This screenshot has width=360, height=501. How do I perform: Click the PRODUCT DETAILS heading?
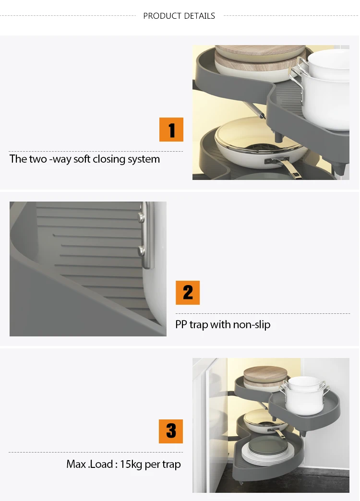click(x=179, y=16)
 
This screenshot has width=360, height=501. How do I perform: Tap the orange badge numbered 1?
click(x=171, y=130)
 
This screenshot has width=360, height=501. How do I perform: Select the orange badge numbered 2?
click(x=188, y=293)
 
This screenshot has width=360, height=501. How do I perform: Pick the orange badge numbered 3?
click(x=171, y=431)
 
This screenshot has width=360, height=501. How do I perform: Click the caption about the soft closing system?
click(x=85, y=159)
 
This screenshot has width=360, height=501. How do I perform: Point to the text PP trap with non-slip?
click(x=223, y=324)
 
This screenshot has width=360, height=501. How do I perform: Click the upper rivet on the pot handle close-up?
click(x=141, y=217)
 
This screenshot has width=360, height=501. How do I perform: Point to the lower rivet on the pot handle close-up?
click(x=141, y=251)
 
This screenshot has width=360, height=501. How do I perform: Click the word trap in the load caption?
click(x=172, y=465)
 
